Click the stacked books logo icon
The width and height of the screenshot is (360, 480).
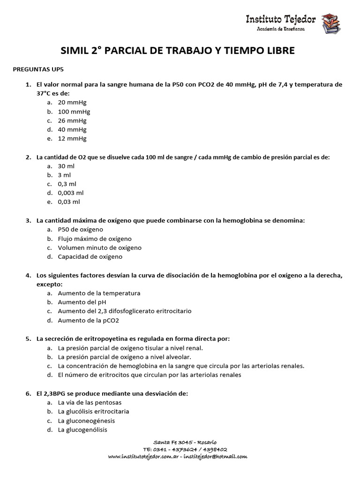(331, 23)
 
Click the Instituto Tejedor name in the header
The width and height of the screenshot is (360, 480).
(281, 19)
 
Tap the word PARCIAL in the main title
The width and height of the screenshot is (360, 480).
(129, 51)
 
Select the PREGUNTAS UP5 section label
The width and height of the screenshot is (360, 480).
(37, 69)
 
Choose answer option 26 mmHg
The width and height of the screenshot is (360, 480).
(72, 120)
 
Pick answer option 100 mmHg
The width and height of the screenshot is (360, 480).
(74, 112)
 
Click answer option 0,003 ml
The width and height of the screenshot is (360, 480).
(71, 193)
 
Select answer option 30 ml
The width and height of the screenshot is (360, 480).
(66, 166)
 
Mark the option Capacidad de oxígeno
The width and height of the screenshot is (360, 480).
(90, 257)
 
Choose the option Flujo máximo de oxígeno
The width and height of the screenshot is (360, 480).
(95, 239)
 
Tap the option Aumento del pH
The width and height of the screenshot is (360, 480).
(82, 302)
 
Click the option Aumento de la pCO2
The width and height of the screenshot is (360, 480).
(89, 321)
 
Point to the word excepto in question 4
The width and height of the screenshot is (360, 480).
(49, 284)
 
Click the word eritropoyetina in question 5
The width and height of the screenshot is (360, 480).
(96, 338)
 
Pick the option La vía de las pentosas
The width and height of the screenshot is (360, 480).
(90, 402)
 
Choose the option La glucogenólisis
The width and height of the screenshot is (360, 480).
(82, 430)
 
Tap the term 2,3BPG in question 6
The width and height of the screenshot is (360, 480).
(55, 393)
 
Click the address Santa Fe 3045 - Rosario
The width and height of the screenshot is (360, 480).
(185, 442)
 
